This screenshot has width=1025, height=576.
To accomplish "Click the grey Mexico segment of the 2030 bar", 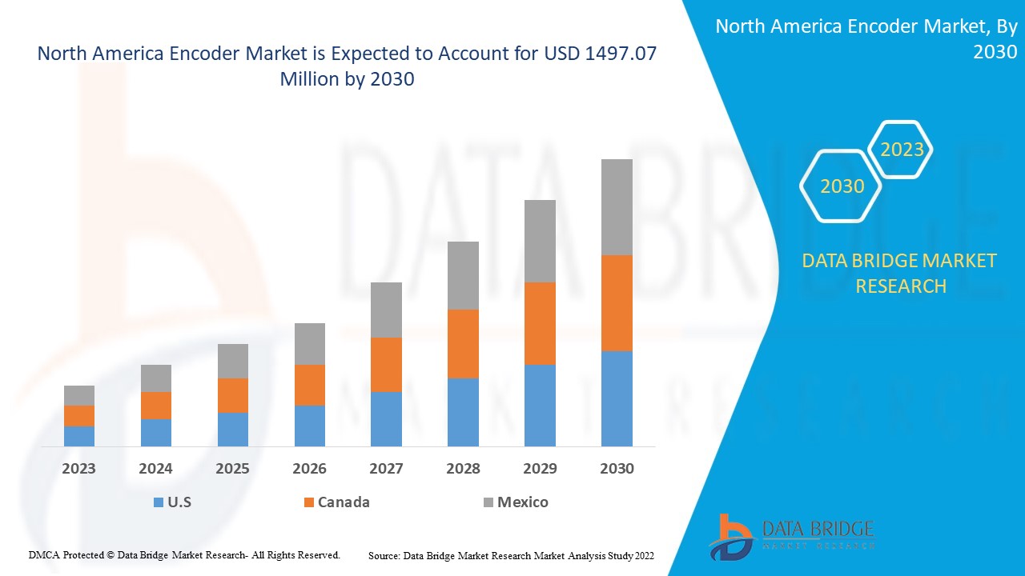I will [617, 207].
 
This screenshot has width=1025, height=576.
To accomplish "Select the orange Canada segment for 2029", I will [540, 323].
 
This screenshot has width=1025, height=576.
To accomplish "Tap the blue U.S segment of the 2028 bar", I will [463, 412].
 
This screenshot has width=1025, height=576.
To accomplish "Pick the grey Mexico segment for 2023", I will [79, 395].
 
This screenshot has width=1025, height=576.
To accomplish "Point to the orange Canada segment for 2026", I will [310, 385].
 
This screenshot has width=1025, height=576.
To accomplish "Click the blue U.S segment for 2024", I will [156, 432].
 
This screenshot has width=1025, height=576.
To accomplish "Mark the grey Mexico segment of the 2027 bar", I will [386, 310].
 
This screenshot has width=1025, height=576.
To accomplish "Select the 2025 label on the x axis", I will [232, 469].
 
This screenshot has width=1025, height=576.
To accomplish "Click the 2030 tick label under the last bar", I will [617, 469].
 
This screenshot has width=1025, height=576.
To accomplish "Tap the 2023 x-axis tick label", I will [79, 469].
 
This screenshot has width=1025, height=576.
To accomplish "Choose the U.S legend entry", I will [172, 502].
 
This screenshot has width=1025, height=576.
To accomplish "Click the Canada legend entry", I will [336, 502].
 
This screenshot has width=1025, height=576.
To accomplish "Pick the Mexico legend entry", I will [516, 502].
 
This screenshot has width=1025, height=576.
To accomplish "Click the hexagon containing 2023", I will [902, 150].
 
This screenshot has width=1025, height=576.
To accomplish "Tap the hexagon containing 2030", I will [842, 186].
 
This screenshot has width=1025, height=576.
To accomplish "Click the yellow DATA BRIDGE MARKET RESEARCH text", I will [900, 273].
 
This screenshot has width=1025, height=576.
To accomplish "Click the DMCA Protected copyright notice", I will [184, 554].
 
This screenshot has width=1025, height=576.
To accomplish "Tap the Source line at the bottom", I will [511, 555].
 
